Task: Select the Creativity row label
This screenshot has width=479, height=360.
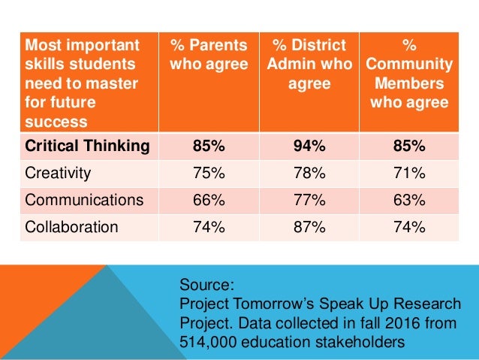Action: [x=58, y=174]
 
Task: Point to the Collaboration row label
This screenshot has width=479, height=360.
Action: [x=71, y=227]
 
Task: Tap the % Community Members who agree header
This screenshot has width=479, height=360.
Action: [x=410, y=74]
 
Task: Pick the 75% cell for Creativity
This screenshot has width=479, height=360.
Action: [x=209, y=174]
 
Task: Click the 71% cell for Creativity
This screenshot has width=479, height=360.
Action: [x=410, y=174]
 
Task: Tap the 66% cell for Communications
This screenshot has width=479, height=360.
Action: [x=209, y=200]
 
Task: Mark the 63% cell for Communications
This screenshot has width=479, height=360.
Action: [x=410, y=200]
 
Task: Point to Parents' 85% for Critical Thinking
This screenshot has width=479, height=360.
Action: [x=209, y=146]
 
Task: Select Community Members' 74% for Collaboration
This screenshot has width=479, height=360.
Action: [x=410, y=227]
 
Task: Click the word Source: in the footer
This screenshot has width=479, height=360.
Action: [x=208, y=286]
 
